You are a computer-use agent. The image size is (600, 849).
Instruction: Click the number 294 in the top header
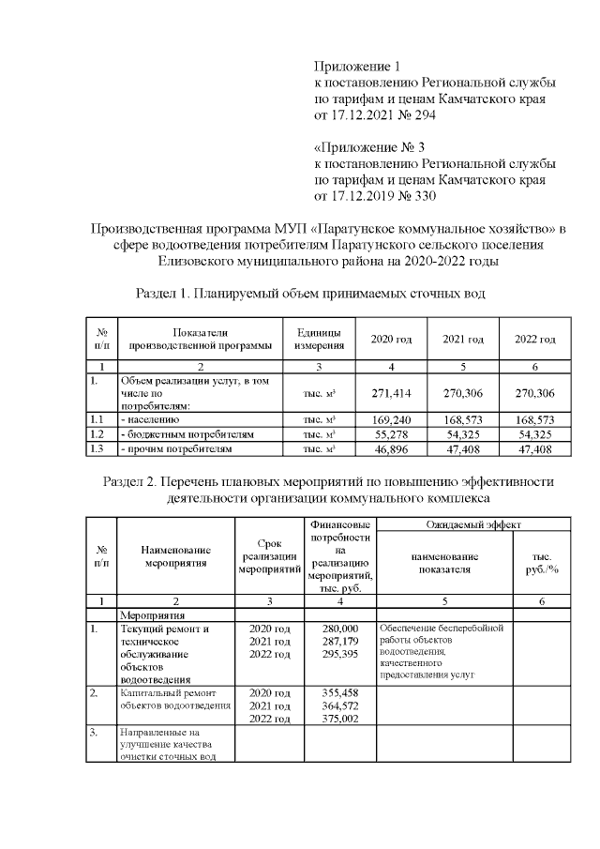tap(422, 115)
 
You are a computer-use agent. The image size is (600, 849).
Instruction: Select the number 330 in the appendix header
tap(422, 196)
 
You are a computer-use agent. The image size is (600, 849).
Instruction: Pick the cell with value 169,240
tap(391, 421)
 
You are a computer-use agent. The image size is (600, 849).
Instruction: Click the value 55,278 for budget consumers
tap(391, 435)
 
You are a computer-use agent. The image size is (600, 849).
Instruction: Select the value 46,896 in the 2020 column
tap(391, 450)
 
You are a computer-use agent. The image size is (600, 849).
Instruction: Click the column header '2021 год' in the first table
tap(463, 339)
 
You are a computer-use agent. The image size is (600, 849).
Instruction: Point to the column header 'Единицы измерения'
tap(319, 339)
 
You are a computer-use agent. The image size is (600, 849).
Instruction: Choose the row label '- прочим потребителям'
tap(175, 450)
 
